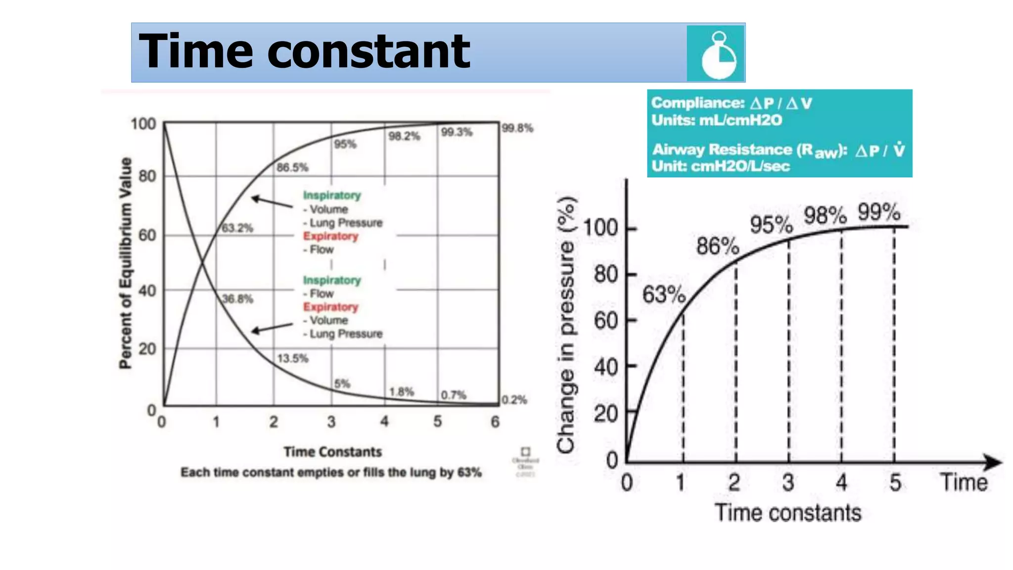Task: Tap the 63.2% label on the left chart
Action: (237, 228)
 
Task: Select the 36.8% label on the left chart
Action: (237, 299)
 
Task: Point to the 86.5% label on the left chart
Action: (292, 168)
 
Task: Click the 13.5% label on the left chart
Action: (292, 358)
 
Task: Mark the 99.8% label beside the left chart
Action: (517, 129)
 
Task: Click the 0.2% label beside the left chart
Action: (514, 400)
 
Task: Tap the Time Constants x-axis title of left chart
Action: (332, 452)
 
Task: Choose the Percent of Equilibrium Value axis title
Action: (126, 263)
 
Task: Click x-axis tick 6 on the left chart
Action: (495, 422)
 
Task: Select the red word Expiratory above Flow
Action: (330, 237)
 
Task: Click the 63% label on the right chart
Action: (664, 295)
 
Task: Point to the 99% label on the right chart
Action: (879, 213)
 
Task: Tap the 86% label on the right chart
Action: (718, 246)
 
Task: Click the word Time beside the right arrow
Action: (964, 482)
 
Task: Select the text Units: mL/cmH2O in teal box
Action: (717, 120)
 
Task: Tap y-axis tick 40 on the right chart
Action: (606, 367)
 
